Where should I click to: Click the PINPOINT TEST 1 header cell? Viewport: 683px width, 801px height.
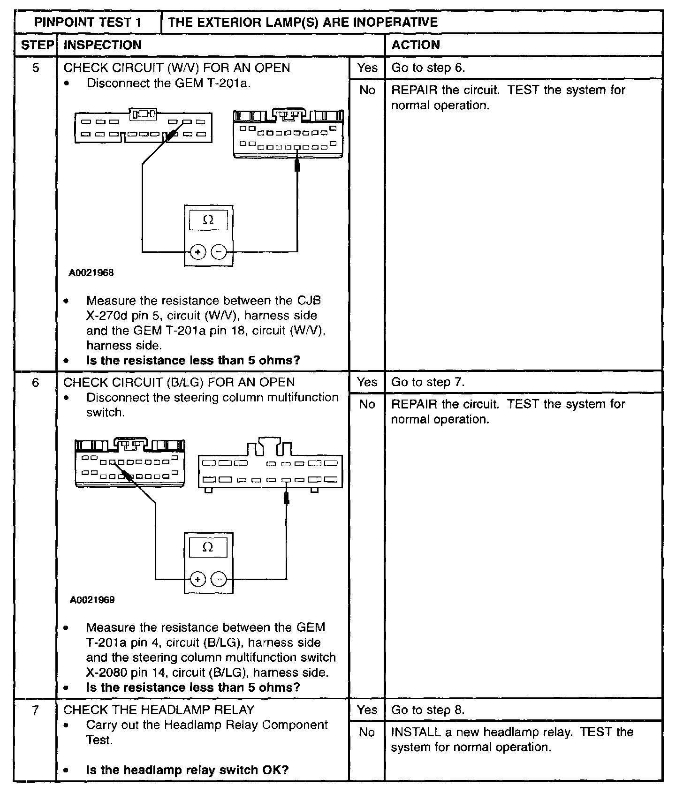pyautogui.click(x=88, y=23)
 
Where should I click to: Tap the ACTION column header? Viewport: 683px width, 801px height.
pyautogui.click(x=416, y=45)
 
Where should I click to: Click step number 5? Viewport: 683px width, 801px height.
pyautogui.click(x=36, y=68)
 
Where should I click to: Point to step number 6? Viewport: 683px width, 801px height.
pyautogui.click(x=36, y=382)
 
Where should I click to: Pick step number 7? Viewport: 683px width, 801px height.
pyautogui.click(x=36, y=710)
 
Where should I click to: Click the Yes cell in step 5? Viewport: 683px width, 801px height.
pyautogui.click(x=367, y=68)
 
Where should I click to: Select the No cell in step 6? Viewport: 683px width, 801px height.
pyautogui.click(x=367, y=404)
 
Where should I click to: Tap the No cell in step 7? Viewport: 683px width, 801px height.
pyautogui.click(x=367, y=732)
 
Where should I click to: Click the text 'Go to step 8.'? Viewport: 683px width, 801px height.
pyautogui.click(x=428, y=710)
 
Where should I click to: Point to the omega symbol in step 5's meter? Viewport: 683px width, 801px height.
pyautogui.click(x=208, y=220)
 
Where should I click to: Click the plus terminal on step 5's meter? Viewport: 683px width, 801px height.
pyautogui.click(x=198, y=252)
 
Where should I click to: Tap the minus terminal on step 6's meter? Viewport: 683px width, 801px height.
pyautogui.click(x=218, y=580)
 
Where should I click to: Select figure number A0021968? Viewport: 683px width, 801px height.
pyautogui.click(x=91, y=272)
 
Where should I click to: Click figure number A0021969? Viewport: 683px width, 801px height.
pyautogui.click(x=92, y=600)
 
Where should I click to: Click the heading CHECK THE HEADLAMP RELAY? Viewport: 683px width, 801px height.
pyautogui.click(x=159, y=710)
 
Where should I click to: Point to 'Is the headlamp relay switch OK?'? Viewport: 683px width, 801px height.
pyautogui.click(x=187, y=770)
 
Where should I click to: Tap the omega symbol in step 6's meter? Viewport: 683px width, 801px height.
pyautogui.click(x=208, y=547)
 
